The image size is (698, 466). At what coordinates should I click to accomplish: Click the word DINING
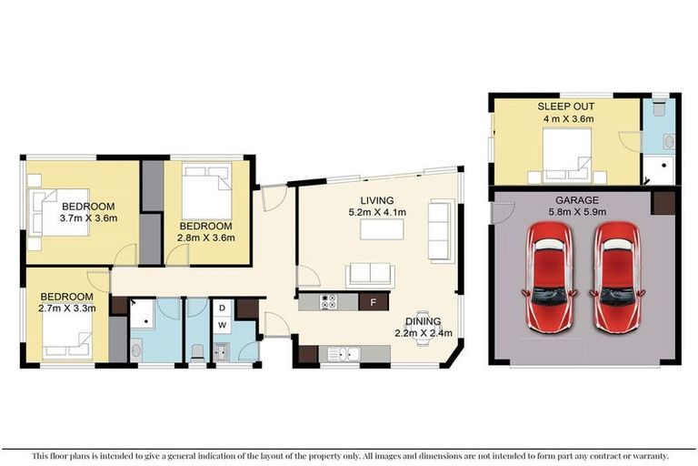(x=424, y=321)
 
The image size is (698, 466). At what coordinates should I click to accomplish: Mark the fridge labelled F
(x=374, y=301)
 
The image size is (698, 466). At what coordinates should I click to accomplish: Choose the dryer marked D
(x=221, y=308)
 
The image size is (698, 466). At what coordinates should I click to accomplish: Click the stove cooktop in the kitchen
(x=328, y=301)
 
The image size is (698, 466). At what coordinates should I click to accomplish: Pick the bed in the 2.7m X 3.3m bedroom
(x=65, y=338)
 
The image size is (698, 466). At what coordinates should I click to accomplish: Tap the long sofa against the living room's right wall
(x=440, y=231)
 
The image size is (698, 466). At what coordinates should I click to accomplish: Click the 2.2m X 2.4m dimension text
(x=424, y=333)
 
